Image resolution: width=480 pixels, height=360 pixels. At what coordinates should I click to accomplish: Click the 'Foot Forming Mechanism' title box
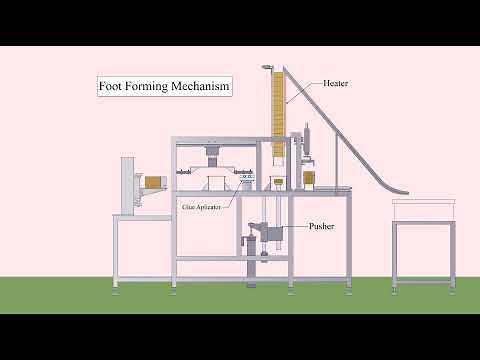click(x=165, y=87)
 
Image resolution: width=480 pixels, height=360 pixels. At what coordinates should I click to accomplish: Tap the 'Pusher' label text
click(x=321, y=226)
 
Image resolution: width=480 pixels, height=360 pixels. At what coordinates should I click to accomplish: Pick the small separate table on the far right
click(x=421, y=246)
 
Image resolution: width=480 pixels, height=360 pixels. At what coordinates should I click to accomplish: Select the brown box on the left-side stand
click(x=152, y=183)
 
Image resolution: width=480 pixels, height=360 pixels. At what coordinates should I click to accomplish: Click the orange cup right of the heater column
click(x=310, y=179)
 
